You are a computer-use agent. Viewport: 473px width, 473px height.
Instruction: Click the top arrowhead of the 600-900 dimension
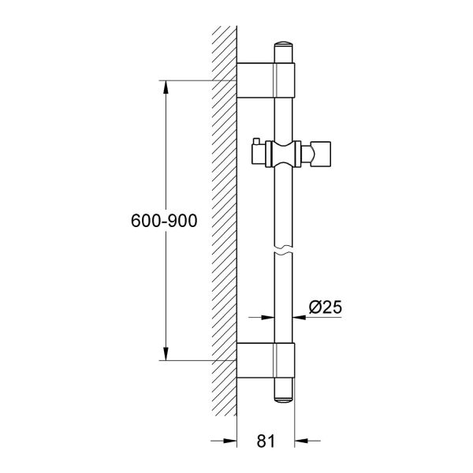166,88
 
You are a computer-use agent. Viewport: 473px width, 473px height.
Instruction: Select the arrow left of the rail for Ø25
268,317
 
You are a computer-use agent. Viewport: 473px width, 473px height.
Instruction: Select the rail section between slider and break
284,209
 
